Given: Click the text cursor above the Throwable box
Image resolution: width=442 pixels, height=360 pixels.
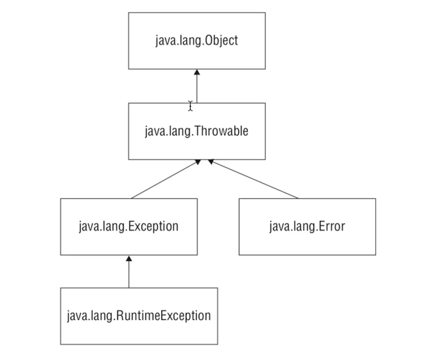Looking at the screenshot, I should (x=190, y=106).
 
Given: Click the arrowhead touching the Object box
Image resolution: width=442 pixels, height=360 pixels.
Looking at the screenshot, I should (x=197, y=72).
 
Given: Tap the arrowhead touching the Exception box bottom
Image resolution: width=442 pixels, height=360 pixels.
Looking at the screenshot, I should (x=129, y=258).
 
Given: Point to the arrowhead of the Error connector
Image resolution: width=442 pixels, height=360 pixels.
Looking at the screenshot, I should (x=211, y=162).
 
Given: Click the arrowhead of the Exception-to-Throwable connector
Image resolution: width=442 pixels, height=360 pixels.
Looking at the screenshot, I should (x=197, y=162).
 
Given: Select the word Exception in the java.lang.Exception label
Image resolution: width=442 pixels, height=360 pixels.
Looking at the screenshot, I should (x=153, y=226).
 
